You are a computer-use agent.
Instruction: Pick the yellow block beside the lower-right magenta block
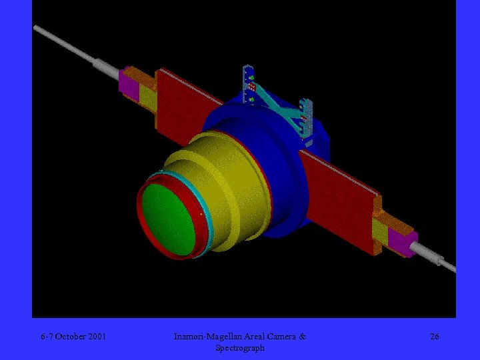(x=380, y=231)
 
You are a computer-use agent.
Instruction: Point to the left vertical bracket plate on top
(x=249, y=84)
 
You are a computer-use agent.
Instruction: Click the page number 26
(x=434, y=337)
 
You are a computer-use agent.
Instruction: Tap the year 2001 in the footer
(x=97, y=337)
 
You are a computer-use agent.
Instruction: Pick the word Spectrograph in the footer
(x=240, y=348)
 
